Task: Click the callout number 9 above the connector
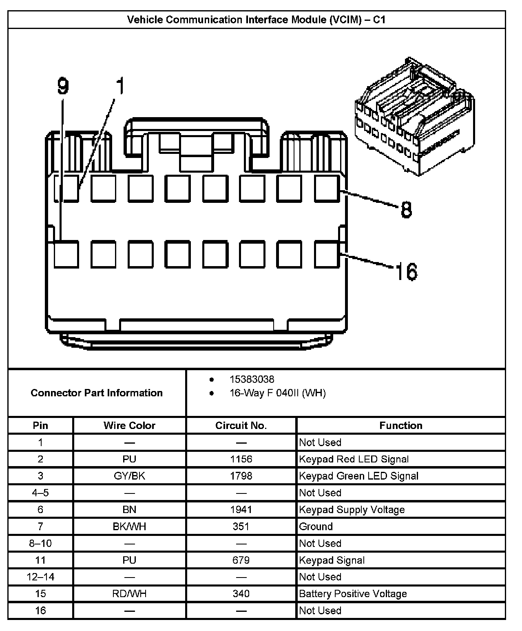click(62, 86)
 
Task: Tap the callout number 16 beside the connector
click(406, 271)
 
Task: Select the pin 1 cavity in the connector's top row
click(66, 188)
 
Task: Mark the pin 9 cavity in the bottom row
click(66, 254)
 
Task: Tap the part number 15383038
click(252, 380)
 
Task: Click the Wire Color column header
click(129, 425)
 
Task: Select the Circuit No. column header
click(241, 425)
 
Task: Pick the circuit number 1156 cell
click(241, 459)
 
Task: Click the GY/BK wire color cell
click(129, 476)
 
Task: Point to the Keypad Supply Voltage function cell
click(352, 510)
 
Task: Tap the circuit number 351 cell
click(241, 527)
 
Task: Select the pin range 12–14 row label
click(40, 577)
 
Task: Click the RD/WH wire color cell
click(129, 594)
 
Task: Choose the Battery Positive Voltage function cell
click(353, 594)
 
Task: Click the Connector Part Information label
click(97, 393)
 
